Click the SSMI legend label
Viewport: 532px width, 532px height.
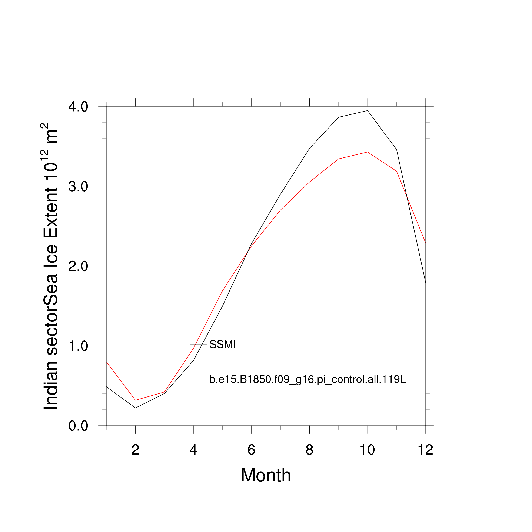[223, 345]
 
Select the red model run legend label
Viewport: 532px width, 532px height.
[307, 380]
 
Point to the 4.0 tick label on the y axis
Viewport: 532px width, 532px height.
[78, 107]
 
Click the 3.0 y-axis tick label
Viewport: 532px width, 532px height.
[78, 187]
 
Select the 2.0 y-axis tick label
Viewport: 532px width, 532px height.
[78, 266]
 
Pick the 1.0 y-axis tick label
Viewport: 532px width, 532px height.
[78, 346]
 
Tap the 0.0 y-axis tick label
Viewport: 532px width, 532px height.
[78, 426]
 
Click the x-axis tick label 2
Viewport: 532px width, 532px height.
[135, 450]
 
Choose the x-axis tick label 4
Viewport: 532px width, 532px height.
[193, 450]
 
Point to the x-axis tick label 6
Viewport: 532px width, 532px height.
[251, 450]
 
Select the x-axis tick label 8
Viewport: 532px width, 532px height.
[309, 450]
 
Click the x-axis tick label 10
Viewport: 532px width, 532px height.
[367, 450]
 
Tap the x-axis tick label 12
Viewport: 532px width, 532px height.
[425, 450]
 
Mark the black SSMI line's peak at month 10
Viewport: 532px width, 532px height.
[367, 110]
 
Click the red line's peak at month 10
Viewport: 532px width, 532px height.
[367, 152]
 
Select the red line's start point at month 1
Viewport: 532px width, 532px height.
[107, 362]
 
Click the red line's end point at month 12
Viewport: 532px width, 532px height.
[425, 243]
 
